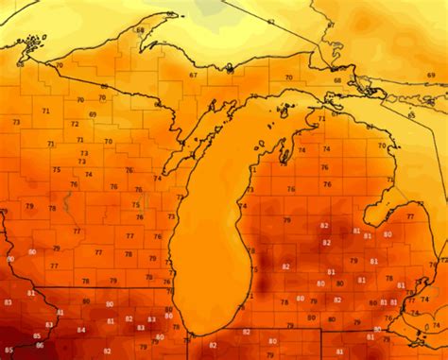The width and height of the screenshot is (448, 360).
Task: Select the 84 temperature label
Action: [x=81, y=330]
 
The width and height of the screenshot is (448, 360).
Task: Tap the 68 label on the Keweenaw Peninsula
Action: [x=141, y=30]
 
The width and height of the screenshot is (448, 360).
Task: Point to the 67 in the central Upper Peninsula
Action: [x=193, y=75]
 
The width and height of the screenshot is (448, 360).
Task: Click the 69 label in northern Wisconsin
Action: [x=93, y=114]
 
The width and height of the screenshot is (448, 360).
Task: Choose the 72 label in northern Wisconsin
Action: [x=75, y=124]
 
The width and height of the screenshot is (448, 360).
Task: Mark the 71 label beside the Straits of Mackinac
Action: [x=321, y=118]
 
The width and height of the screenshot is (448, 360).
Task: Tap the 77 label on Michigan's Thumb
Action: [x=410, y=216]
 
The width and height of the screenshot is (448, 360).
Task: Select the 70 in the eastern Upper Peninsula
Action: [x=288, y=77]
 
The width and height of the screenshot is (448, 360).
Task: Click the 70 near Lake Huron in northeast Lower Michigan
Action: [x=382, y=146]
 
